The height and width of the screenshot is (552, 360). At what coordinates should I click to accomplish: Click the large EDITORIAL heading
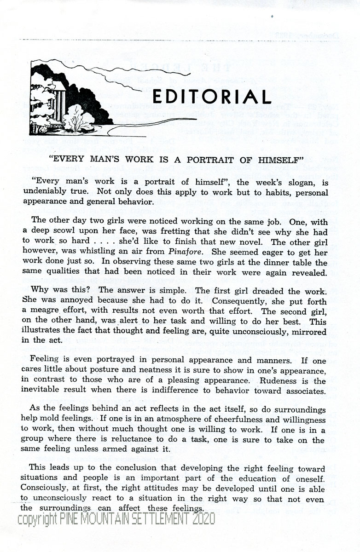211,97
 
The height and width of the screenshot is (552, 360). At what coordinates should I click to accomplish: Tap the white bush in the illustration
79,119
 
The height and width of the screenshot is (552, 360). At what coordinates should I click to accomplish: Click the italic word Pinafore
185,252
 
